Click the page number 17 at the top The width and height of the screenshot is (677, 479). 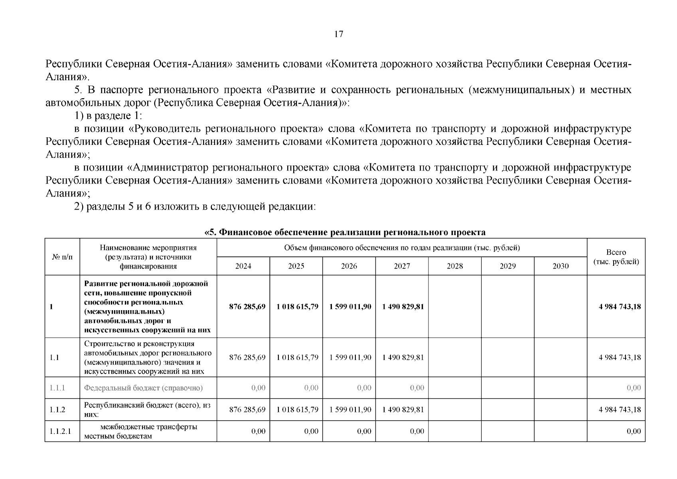338,34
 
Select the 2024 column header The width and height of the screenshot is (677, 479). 243,266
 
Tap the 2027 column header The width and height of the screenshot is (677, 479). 402,266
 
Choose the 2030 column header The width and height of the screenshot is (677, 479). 561,266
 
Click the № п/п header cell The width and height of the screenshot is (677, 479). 62,257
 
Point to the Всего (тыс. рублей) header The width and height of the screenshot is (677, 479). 616,257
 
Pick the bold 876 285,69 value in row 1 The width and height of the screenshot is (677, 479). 247,307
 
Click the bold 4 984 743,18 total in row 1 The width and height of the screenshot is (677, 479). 620,307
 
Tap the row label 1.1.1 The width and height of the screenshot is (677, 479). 57,388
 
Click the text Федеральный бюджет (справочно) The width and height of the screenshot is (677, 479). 143,388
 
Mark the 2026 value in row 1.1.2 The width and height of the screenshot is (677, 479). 350,410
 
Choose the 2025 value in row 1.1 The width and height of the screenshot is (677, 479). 297,357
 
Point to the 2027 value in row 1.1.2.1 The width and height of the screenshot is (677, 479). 417,431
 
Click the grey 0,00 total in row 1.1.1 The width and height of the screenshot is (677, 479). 634,388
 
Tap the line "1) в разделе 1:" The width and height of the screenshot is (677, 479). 109,116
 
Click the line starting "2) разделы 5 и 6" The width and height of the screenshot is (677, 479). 195,207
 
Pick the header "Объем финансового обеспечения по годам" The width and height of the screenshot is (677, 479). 402,248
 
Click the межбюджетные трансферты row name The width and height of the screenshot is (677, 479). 148,431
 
